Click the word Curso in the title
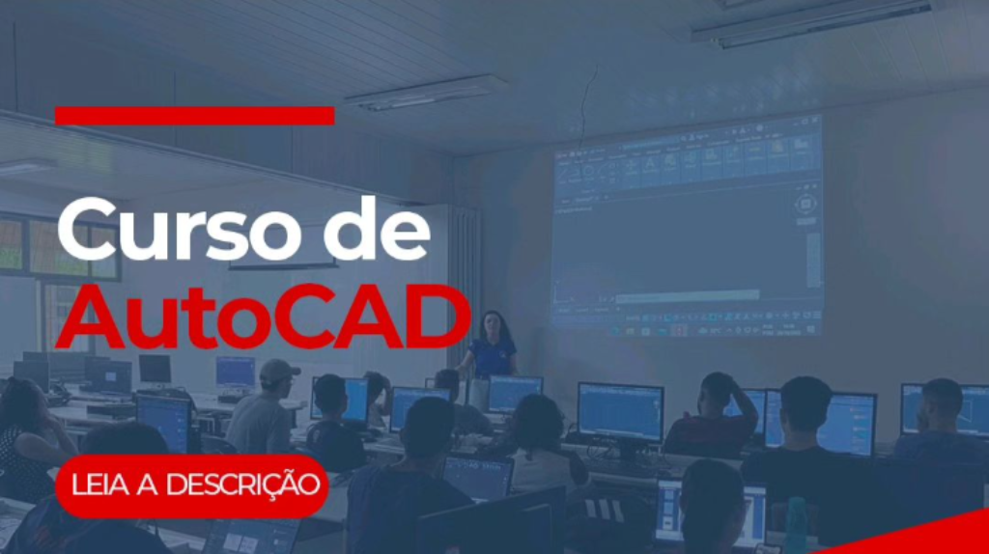click(180, 230)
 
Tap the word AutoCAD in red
click(263, 318)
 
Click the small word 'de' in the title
click(378, 230)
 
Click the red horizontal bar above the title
click(195, 116)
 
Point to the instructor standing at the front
click(490, 345)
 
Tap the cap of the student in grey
click(277, 371)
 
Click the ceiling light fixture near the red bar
click(426, 93)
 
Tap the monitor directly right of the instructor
click(515, 394)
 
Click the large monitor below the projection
click(621, 413)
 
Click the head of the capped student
click(277, 378)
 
